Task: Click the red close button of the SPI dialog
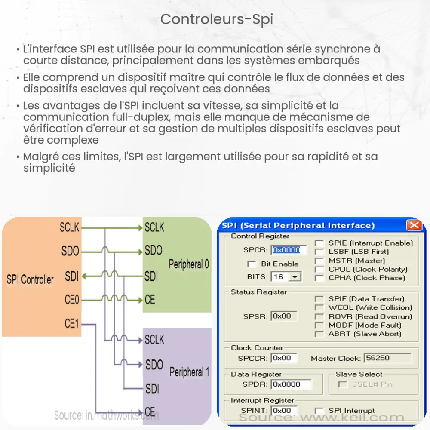coord(414,225)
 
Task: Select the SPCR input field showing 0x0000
coord(289,250)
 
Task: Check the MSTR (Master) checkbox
coord(319,261)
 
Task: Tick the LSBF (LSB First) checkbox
coord(319,252)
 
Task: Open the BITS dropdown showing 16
coord(295,276)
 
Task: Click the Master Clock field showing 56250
coord(387,358)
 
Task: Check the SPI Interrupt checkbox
coord(319,411)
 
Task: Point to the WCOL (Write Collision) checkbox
coord(319,307)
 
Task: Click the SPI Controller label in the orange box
coord(30,279)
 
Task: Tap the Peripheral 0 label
coord(189,264)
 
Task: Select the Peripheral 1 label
coord(189,372)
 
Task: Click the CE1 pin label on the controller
coord(72,323)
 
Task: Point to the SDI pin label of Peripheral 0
coord(151,276)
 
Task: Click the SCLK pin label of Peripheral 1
coord(154,340)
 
